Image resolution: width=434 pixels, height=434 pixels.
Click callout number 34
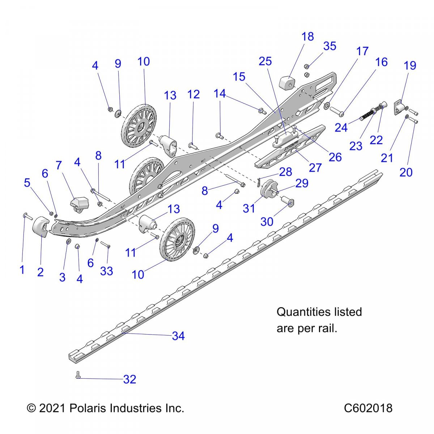pyautogui.click(x=178, y=336)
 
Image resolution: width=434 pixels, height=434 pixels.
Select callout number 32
pyautogui.click(x=129, y=379)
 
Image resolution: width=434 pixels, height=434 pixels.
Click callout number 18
pyautogui.click(x=308, y=37)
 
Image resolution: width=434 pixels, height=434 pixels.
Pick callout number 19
pyautogui.click(x=410, y=65)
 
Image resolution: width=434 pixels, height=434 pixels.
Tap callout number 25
pyautogui.click(x=265, y=61)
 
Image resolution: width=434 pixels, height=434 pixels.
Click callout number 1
pyautogui.click(x=22, y=269)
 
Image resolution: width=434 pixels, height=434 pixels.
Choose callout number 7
pyautogui.click(x=59, y=165)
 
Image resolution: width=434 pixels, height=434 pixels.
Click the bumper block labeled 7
pyautogui.click(x=80, y=203)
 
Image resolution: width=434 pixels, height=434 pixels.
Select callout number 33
pyautogui.click(x=106, y=271)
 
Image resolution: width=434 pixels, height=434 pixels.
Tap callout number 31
pyautogui.click(x=249, y=208)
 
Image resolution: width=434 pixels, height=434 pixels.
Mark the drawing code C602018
pyautogui.click(x=368, y=408)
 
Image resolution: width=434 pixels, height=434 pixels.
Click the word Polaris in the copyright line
pyautogui.click(x=87, y=408)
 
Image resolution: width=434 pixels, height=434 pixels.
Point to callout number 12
pyautogui.click(x=193, y=94)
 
